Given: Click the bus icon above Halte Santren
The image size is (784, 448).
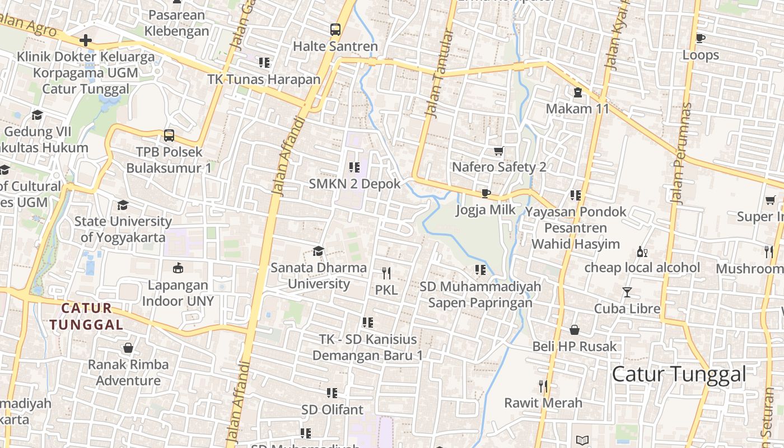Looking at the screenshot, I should [335, 30].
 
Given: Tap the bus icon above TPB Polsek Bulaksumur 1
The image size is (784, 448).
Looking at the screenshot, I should [169, 136].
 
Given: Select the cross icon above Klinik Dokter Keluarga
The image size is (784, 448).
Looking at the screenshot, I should [85, 40].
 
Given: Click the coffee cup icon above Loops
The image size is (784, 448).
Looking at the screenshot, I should [700, 38].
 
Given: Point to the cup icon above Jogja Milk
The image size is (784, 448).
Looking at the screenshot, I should [486, 194].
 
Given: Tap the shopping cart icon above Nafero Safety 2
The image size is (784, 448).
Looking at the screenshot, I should [498, 151].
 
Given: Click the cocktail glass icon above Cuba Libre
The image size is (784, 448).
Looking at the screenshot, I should [627, 292].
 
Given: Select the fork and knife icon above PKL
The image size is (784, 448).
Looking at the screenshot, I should [386, 273].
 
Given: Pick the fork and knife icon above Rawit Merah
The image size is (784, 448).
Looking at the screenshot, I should [543, 386].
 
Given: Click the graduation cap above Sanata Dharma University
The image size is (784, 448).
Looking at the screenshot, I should [318, 251].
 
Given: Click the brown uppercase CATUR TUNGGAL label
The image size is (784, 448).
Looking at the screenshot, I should [86, 316].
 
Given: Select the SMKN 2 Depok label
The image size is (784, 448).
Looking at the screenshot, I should [354, 184].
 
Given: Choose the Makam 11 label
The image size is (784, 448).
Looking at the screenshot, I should [577, 109].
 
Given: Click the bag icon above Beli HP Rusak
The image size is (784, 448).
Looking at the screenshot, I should [574, 330].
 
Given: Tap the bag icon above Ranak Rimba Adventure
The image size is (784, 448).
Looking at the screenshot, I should [128, 348].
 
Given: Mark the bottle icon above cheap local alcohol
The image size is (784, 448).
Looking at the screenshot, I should [642, 252].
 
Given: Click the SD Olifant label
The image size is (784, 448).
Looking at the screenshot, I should [332, 409].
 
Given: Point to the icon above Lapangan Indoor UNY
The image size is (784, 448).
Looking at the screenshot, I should [178, 268].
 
